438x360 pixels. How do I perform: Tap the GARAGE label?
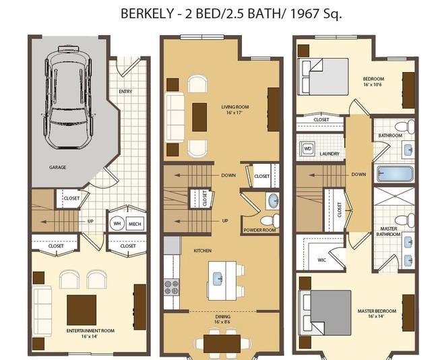pyautogui.click(x=57, y=167)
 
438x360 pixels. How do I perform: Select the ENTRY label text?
pyautogui.click(x=125, y=92)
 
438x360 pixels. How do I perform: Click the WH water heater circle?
pyautogui.click(x=117, y=223)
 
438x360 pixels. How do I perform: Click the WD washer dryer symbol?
pyautogui.click(x=308, y=148)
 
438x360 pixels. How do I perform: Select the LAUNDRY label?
pyautogui.click(x=330, y=154)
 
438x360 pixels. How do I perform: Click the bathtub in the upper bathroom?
pyautogui.click(x=393, y=173)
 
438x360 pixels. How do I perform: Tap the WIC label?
pyautogui.click(x=321, y=259)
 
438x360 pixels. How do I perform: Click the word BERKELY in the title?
pyautogui.click(x=146, y=13)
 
